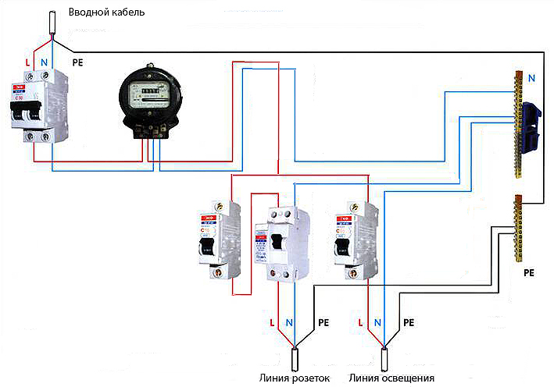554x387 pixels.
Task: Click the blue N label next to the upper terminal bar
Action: (x=532, y=78)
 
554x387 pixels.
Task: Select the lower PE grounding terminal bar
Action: (x=516, y=228)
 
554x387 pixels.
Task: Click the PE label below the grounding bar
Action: (x=528, y=275)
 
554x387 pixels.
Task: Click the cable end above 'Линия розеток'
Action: (x=295, y=360)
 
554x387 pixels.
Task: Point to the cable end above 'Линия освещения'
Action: (x=384, y=360)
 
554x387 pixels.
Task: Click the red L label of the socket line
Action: (x=271, y=322)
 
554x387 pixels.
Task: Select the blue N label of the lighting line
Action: (x=378, y=322)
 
